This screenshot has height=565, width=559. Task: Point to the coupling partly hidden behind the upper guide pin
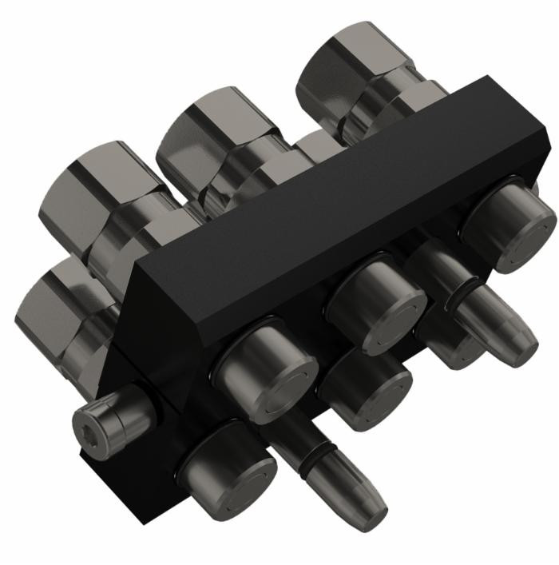447,340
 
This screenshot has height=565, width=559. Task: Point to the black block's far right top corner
489,77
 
